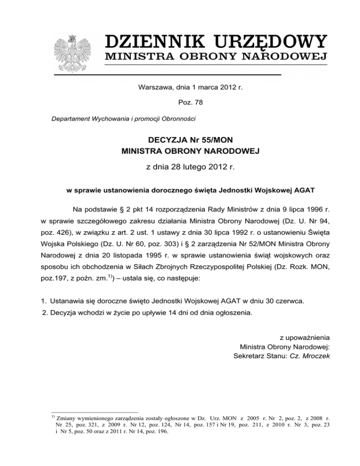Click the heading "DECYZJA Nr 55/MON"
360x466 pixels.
pyautogui.click(x=180, y=139)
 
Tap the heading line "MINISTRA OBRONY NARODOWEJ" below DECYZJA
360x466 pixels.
pyautogui.click(x=180, y=151)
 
